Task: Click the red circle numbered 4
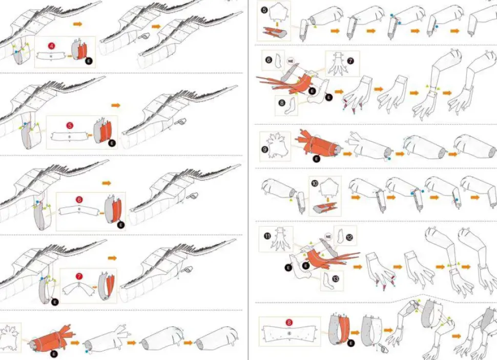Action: [x=51, y=46]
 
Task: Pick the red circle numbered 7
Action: [x=79, y=276]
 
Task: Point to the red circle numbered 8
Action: [x=289, y=324]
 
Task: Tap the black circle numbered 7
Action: [x=350, y=60]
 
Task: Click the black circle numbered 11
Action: [x=267, y=235]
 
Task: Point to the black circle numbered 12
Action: [x=349, y=237]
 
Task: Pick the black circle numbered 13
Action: [x=335, y=279]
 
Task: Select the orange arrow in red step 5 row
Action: [x=115, y=105]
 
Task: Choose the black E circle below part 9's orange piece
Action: [x=316, y=159]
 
